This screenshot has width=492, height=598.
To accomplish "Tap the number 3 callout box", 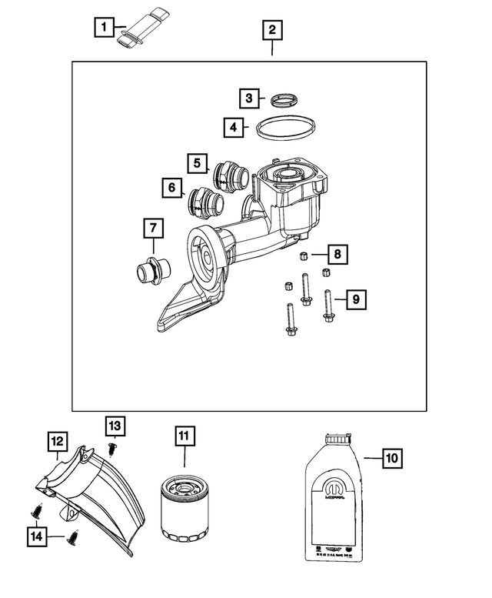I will [x=248, y=99].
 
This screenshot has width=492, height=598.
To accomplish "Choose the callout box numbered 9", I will [x=356, y=297].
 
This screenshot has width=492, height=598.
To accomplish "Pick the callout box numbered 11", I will [x=184, y=436].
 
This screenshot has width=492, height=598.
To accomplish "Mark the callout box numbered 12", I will [x=56, y=442].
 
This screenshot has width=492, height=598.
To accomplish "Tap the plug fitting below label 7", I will [x=148, y=272].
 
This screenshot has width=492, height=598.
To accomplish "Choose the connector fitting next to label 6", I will [x=205, y=203].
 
